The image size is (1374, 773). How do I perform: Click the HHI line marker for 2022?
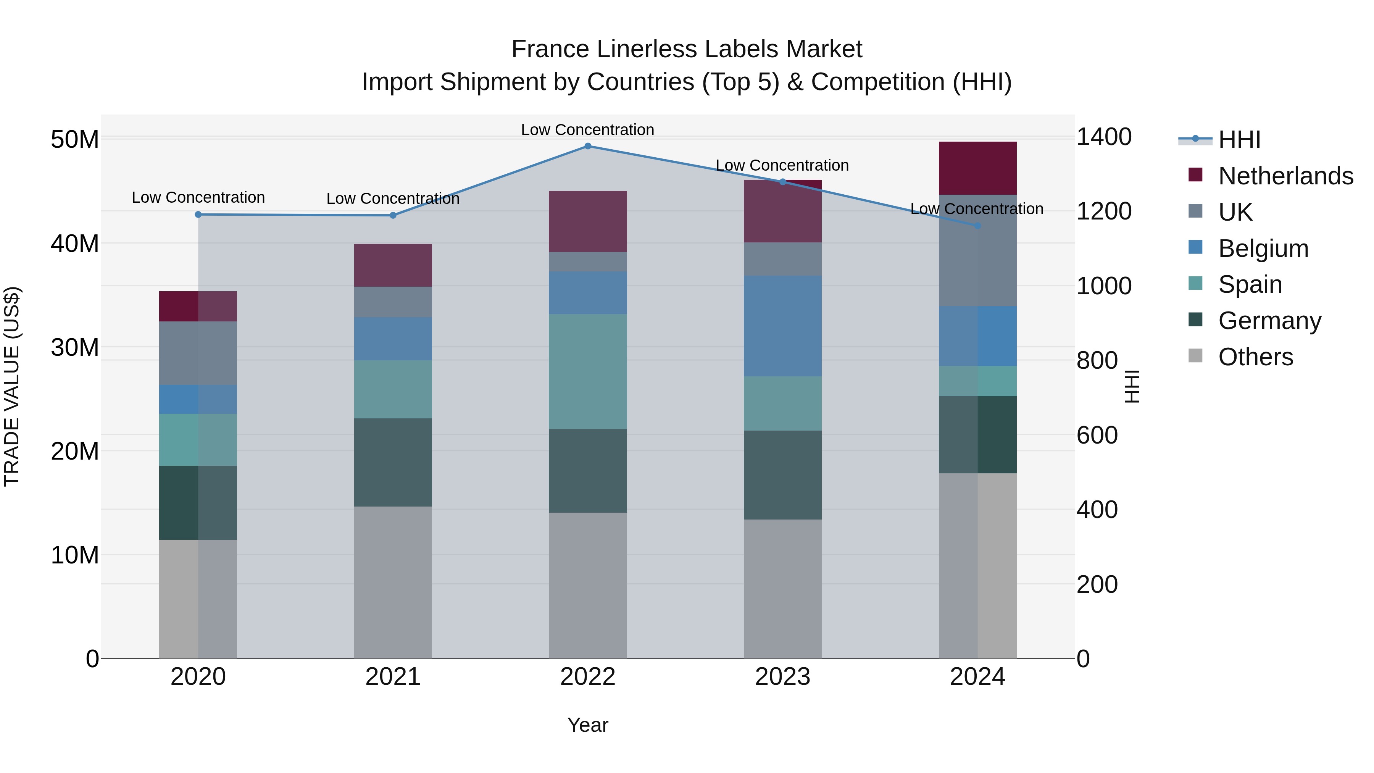(588, 146)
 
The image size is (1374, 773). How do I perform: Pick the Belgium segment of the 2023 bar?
(782, 326)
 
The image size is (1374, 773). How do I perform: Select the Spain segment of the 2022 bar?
(588, 371)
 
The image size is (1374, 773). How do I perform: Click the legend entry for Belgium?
(1263, 249)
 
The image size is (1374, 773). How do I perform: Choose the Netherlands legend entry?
(1285, 176)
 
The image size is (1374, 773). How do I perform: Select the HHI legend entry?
(1239, 140)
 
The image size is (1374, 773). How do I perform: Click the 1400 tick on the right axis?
(1103, 137)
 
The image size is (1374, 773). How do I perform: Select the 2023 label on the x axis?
(782, 677)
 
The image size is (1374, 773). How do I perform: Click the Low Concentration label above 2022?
(587, 130)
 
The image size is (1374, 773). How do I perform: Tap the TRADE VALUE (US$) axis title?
(12, 386)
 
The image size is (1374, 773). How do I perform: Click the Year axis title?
(587, 725)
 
